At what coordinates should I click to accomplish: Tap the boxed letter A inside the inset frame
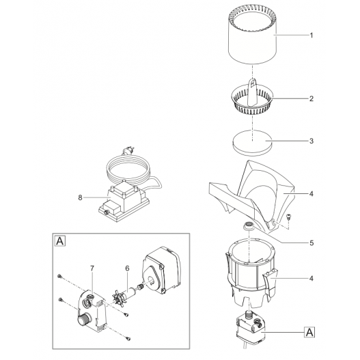click(59, 241)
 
